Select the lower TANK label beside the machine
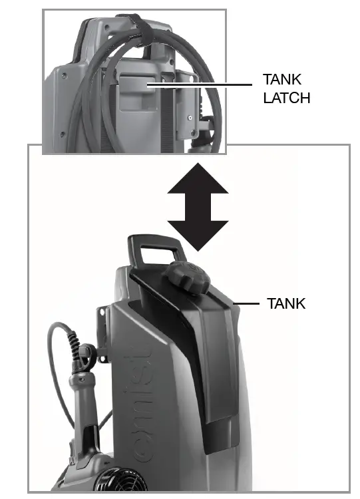285,303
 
